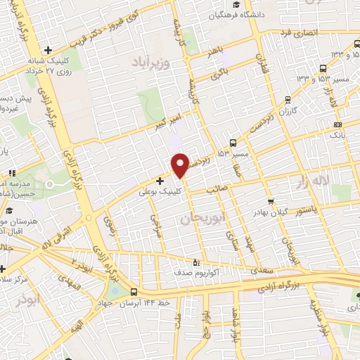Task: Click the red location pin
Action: [x=180, y=165]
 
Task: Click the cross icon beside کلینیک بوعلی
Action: [x=160, y=181]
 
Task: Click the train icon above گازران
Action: [x=288, y=99]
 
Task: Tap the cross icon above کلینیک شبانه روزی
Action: [x=47, y=50]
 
